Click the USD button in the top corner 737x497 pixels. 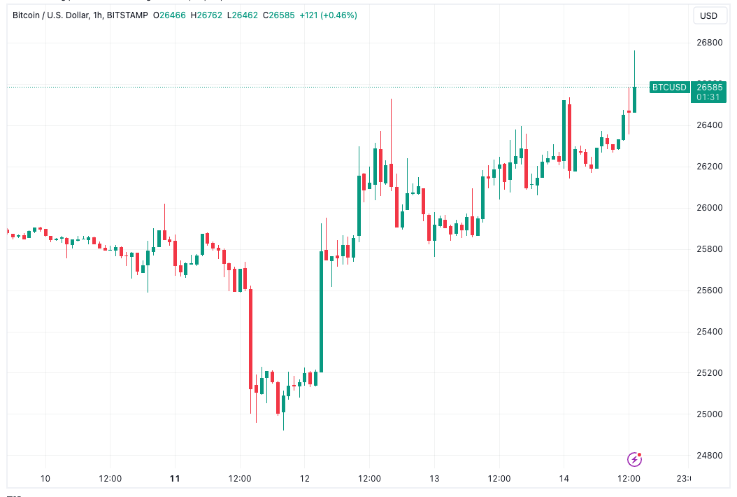coord(709,15)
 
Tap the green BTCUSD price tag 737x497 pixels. coord(669,87)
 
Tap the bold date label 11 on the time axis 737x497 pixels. coord(175,479)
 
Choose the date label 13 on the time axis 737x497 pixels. coord(434,479)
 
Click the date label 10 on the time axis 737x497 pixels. coord(45,479)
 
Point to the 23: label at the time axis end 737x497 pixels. coord(682,479)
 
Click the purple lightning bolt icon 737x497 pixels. coord(634,459)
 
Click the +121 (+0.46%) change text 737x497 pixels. coord(328,15)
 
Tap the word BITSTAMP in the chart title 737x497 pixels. coord(127,15)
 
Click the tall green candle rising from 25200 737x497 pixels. coord(321,311)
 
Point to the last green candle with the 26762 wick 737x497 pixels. coord(634,99)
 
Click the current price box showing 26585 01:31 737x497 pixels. coord(708,92)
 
